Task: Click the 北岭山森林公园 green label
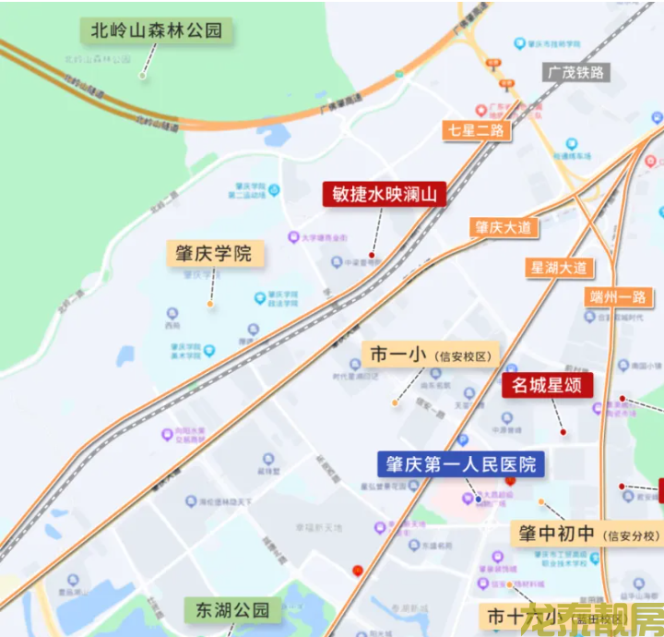pos(157,30)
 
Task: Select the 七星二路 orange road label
pos(476,130)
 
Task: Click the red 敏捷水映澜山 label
pos(384,195)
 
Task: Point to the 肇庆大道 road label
pos(504,227)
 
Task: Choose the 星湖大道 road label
pos(559,268)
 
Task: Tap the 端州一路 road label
pos(620,297)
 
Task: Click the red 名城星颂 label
pos(547,385)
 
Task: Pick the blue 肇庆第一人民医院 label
pos(461,463)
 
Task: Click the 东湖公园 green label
pos(231,609)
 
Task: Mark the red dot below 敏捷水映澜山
pos(372,254)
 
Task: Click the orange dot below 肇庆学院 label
pos(211,304)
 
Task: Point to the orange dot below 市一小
pos(395,403)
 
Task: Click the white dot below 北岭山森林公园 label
pos(143,76)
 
